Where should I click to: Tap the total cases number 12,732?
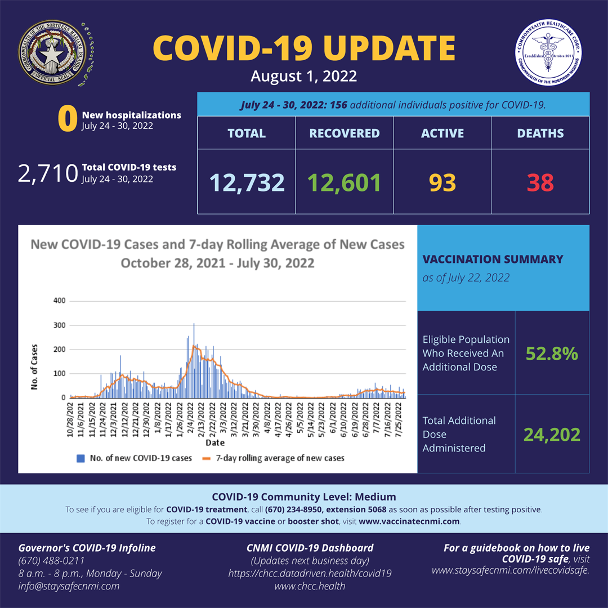click(247, 182)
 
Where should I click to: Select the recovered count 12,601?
click(345, 182)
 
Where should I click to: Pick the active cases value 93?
click(442, 182)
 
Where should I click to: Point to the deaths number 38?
click(540, 182)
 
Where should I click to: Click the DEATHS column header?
click(540, 133)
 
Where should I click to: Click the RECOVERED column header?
click(345, 133)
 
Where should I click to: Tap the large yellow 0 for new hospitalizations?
click(67, 119)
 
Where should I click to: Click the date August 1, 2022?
click(304, 76)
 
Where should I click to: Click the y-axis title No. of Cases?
click(35, 366)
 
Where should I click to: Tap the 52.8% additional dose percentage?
click(552, 354)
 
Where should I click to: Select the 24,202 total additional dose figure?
click(552, 434)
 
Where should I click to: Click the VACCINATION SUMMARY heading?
click(493, 260)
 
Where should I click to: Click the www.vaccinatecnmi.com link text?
click(409, 521)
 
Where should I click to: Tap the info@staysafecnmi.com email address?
click(69, 586)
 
